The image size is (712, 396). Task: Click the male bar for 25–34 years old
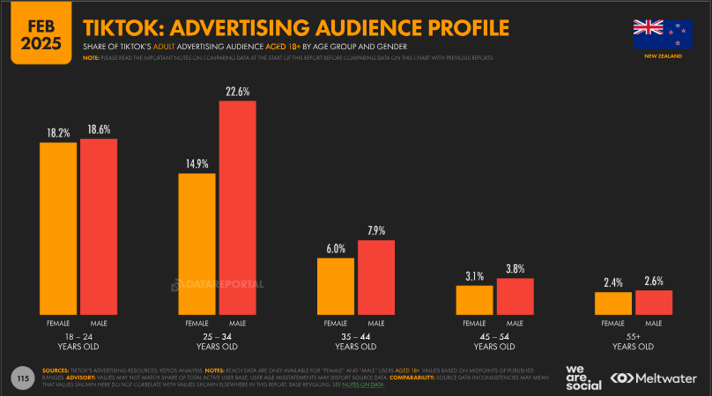coord(237,208)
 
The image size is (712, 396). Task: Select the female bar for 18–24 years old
coord(58,228)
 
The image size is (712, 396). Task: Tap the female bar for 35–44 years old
coord(336,286)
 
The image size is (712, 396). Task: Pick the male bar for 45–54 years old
coord(515,296)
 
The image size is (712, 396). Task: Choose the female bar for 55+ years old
coord(613,303)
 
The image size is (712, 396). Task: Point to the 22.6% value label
coord(237,91)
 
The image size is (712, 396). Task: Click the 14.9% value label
coord(197,163)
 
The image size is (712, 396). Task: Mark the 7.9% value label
coord(376,231)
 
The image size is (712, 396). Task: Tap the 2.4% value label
coord(613,282)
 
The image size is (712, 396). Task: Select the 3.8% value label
coord(515,268)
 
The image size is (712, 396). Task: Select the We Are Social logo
coord(582,377)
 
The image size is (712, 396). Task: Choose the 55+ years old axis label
coord(633,341)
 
